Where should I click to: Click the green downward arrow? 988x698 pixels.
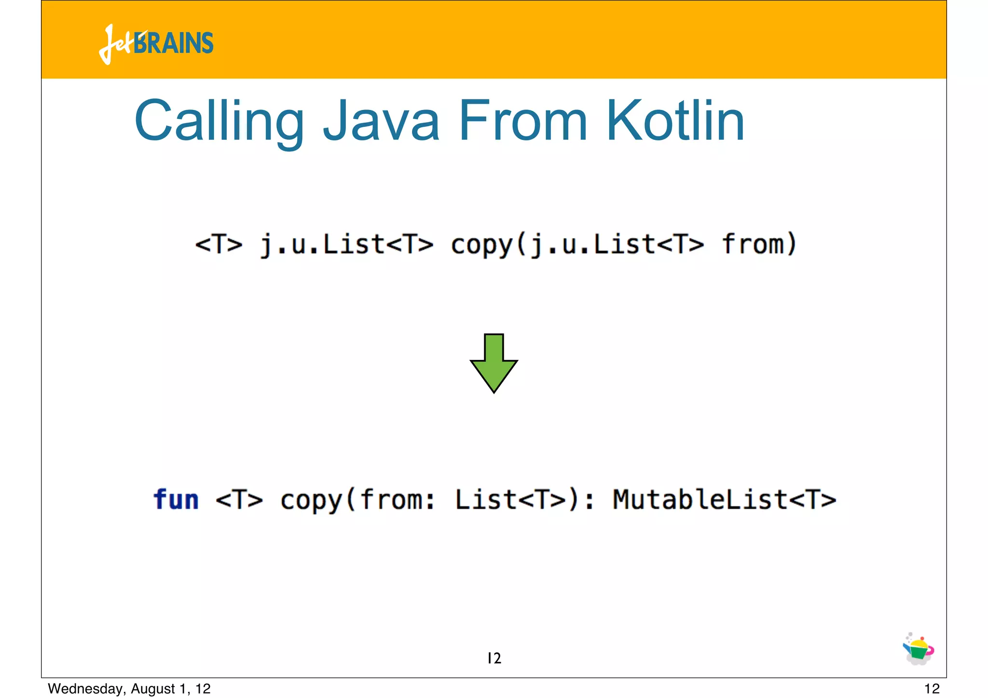494,363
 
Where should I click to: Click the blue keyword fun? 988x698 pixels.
176,500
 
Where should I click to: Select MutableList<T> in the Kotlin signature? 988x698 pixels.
724,500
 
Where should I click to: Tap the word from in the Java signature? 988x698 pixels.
753,244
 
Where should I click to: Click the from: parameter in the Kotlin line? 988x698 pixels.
397,500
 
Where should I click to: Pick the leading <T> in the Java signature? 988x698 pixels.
219,244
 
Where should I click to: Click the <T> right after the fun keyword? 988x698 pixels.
239,500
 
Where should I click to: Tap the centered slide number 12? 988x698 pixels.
494,658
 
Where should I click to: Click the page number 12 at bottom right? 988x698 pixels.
932,689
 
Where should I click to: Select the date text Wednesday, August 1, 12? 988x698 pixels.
129,689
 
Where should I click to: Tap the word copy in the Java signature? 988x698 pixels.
482,244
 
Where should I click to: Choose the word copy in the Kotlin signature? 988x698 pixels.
311,500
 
